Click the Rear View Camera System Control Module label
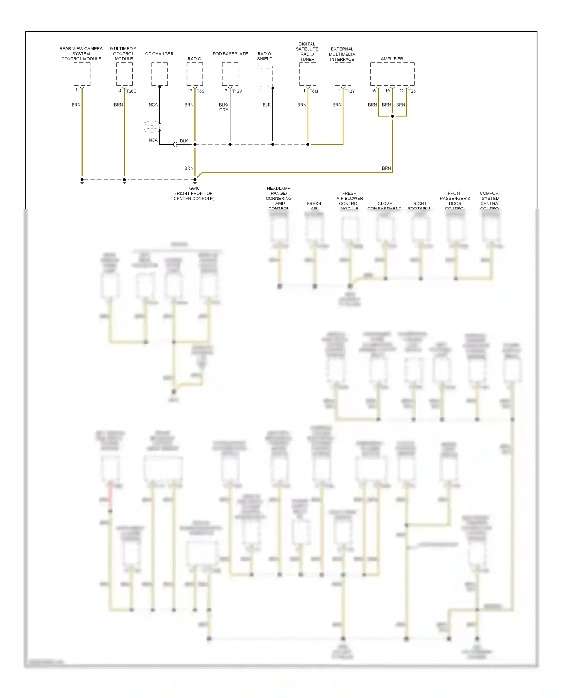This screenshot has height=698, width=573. click(x=81, y=54)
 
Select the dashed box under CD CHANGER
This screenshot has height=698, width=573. click(x=159, y=74)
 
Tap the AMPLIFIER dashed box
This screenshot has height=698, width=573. click(x=392, y=74)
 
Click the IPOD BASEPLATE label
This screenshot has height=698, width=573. click(x=230, y=54)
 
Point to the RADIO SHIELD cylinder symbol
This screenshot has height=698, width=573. click(x=264, y=78)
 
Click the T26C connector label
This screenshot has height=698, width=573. click(x=131, y=91)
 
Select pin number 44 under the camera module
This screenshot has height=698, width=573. click(x=78, y=90)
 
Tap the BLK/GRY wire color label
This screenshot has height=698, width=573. click(x=223, y=107)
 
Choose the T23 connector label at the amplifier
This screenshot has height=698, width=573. click(x=412, y=91)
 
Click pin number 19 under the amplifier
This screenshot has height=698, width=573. click(x=387, y=91)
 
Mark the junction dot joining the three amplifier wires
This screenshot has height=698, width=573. click(x=392, y=116)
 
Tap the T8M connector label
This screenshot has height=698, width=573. click(x=314, y=91)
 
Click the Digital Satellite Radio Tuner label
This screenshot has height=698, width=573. click(x=307, y=52)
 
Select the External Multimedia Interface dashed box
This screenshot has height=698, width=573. click(x=343, y=74)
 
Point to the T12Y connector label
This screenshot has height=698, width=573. click(x=350, y=91)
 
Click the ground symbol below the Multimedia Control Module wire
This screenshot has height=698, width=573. click(x=124, y=181)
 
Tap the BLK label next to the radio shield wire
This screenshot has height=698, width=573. click(x=266, y=105)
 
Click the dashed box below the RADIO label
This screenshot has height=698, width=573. click(x=194, y=74)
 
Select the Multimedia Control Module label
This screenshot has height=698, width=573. click(x=123, y=54)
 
